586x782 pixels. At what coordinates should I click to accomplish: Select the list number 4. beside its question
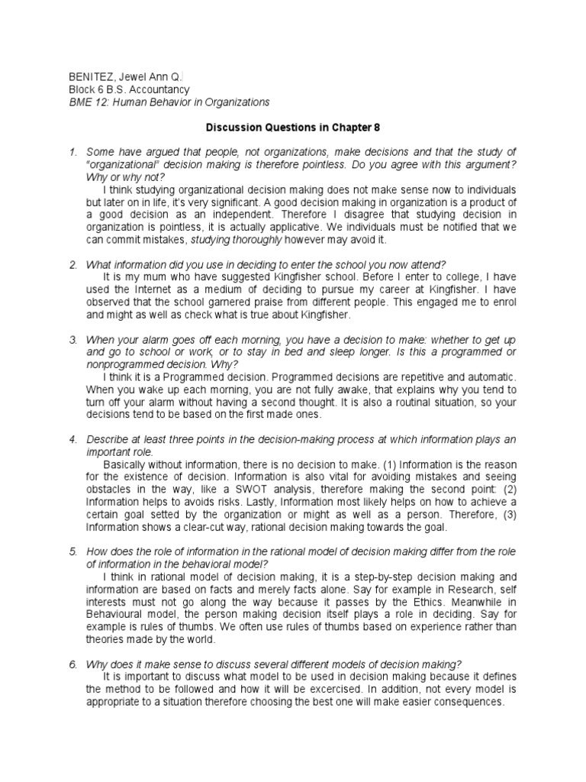click(x=72, y=440)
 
